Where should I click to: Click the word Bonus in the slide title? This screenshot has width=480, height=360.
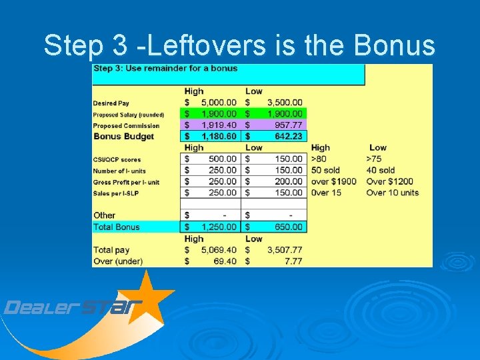pyautogui.click(x=395, y=45)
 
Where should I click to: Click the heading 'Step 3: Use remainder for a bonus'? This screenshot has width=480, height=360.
pyautogui.click(x=165, y=69)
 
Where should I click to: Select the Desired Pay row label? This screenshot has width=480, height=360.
pyautogui.click(x=111, y=103)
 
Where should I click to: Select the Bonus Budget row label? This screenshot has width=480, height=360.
pyautogui.click(x=123, y=137)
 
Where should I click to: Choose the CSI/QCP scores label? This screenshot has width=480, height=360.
pyautogui.click(x=117, y=159)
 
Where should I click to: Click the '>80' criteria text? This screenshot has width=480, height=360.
pyautogui.click(x=319, y=159)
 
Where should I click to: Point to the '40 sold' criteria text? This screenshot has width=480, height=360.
pyautogui.click(x=381, y=171)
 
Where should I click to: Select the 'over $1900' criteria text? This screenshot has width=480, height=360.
pyautogui.click(x=334, y=181)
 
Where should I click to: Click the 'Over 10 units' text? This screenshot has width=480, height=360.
pyautogui.click(x=393, y=193)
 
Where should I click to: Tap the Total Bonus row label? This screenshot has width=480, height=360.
pyautogui.click(x=117, y=227)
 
